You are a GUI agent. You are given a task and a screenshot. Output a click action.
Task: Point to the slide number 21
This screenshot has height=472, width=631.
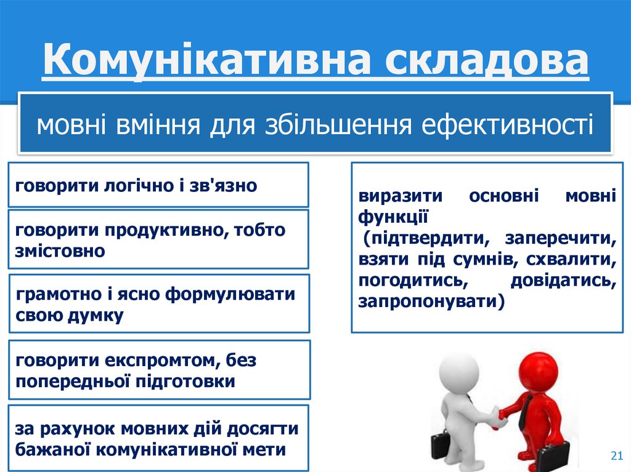[614, 455]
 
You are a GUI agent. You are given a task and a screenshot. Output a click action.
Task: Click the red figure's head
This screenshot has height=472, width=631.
[537, 371]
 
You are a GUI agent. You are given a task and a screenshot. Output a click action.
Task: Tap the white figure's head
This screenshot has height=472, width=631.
[457, 373]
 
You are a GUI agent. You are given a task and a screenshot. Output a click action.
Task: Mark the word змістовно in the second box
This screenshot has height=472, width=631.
[60, 251]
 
